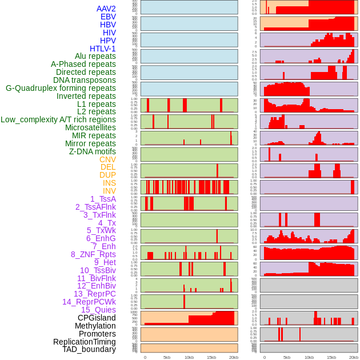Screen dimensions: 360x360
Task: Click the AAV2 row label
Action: (x=106, y=9)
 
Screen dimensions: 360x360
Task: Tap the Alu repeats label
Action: (x=95, y=56)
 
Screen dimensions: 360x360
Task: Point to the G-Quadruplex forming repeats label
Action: (x=61, y=88)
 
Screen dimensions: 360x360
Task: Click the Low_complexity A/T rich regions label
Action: (x=58, y=119)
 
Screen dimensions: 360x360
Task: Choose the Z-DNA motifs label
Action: (x=92, y=151)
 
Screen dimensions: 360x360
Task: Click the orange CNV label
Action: (x=107, y=159)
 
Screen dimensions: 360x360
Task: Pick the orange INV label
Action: (x=109, y=191)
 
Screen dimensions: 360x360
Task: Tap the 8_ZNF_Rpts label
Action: (x=93, y=254)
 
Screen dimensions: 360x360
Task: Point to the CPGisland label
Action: (x=97, y=318)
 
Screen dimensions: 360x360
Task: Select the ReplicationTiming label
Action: (x=84, y=342)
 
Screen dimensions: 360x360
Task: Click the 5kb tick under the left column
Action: (x=167, y=357)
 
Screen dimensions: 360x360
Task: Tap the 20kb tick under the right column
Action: (x=353, y=357)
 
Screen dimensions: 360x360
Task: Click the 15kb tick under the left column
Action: (x=211, y=357)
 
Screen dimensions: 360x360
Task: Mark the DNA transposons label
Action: (x=85, y=80)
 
